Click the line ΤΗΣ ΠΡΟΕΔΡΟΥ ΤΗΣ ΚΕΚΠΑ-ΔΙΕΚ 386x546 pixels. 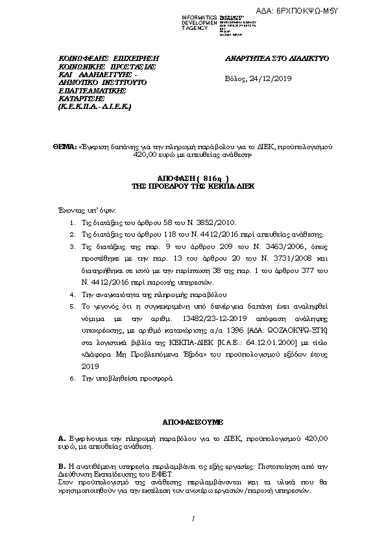pyautogui.click(x=193, y=185)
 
